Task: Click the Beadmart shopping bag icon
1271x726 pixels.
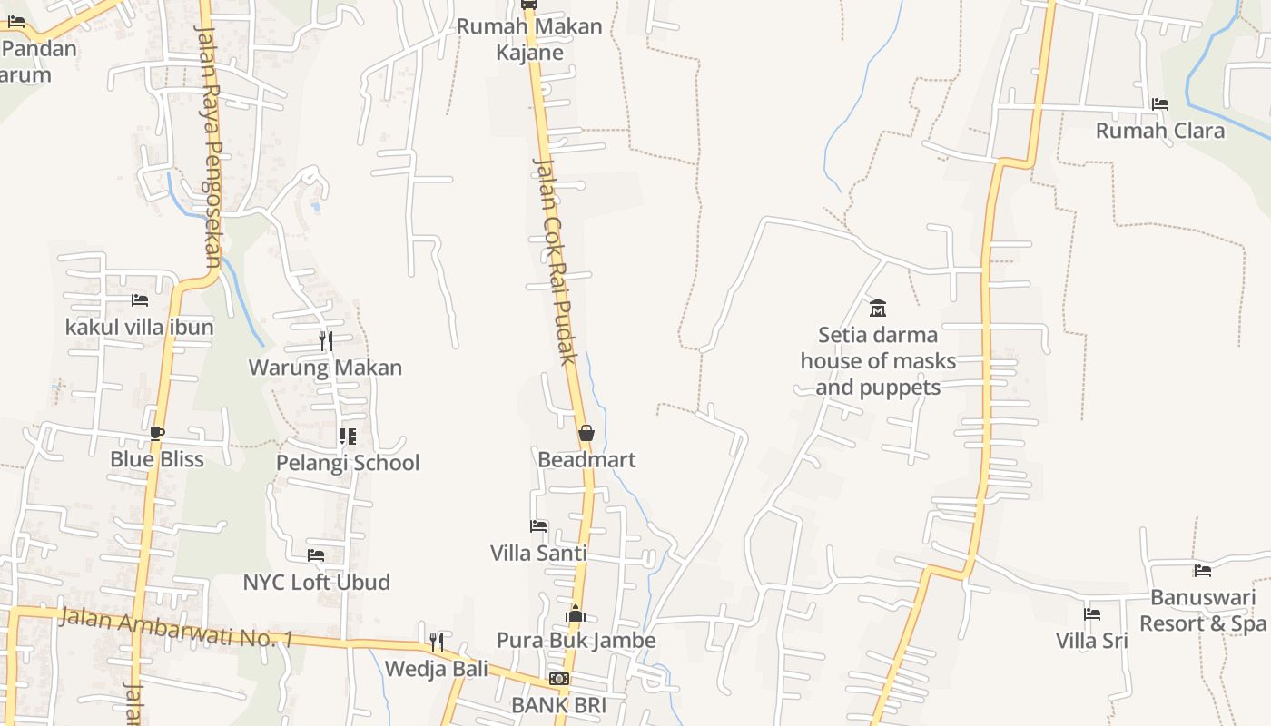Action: coord(586,434)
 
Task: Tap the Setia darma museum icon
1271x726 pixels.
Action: coord(877,309)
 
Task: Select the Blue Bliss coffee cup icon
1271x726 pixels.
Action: coord(157,433)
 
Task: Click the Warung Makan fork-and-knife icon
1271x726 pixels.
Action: coord(325,341)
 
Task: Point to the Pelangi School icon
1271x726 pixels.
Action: coord(347,437)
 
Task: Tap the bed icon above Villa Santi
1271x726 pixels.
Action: coord(538,526)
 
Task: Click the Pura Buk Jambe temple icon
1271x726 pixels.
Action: coord(575,614)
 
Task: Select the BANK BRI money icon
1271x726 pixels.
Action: coord(558,679)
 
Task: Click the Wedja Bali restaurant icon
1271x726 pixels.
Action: coord(437,643)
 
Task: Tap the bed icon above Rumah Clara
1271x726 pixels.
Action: coord(1159,104)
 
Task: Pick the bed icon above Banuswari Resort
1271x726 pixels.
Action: coord(1203,571)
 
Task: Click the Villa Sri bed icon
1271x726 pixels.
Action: coord(1091,614)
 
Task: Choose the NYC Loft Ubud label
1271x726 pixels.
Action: coord(316,582)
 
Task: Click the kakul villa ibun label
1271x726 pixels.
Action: coord(139,327)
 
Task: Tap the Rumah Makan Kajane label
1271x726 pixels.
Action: coord(529,39)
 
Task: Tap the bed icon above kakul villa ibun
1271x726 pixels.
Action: coord(139,300)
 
